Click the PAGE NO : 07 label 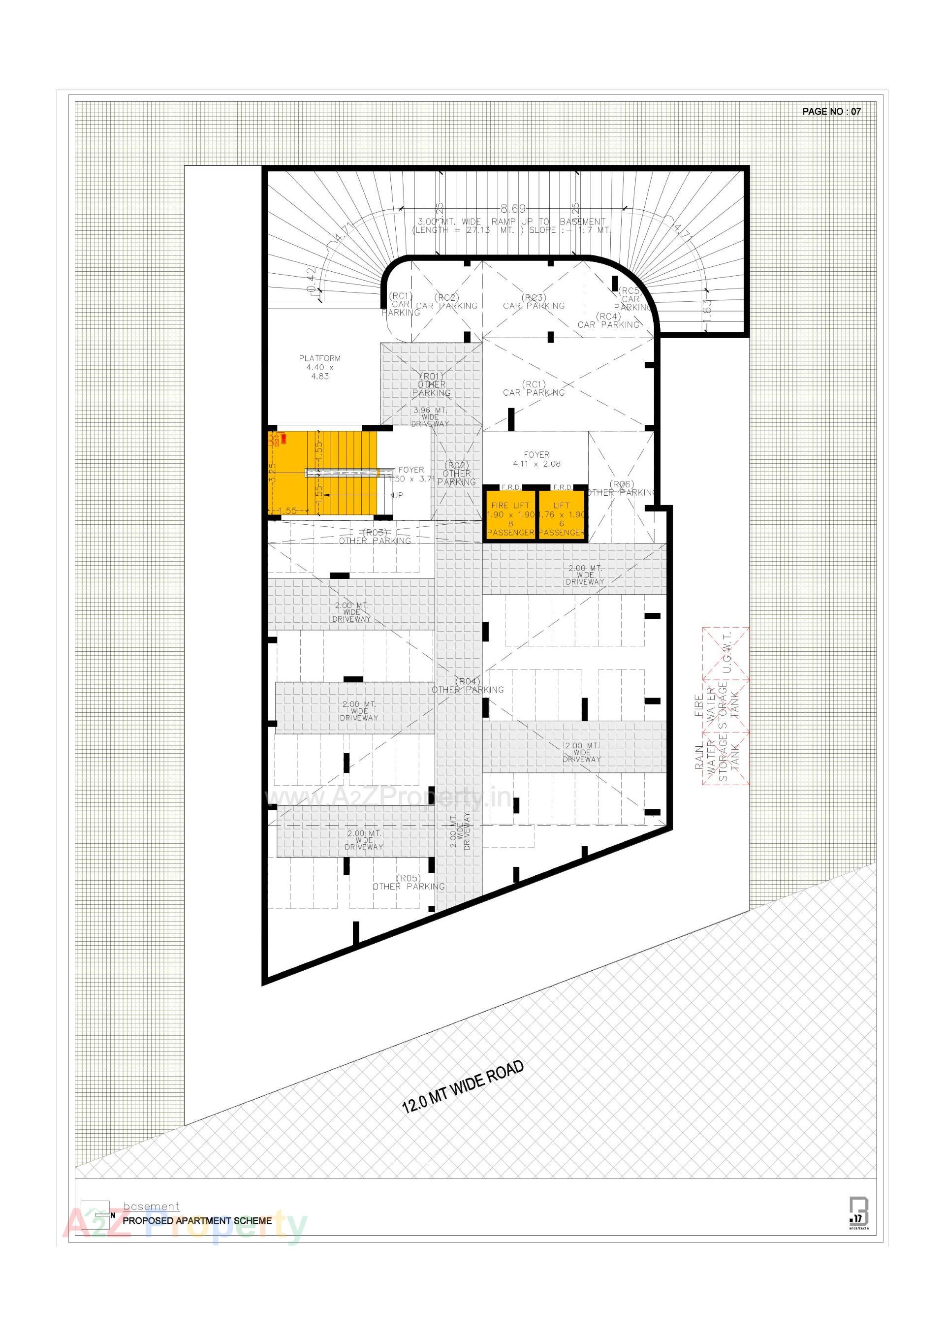831,111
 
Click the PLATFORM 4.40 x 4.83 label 319,367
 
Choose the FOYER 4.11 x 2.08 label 536,459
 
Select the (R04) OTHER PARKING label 468,685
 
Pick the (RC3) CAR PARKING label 534,302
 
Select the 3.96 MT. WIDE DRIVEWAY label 430,417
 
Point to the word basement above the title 152,1207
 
